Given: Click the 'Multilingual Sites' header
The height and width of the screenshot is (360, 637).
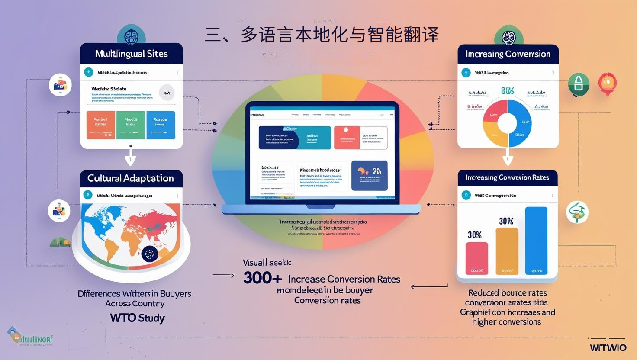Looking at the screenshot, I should click(x=131, y=54).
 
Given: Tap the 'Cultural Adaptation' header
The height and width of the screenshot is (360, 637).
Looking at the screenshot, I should click(x=131, y=178).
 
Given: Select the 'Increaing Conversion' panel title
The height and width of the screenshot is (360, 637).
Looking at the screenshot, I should click(x=508, y=54).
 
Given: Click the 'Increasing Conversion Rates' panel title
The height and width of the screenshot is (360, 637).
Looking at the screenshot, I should click(x=507, y=177).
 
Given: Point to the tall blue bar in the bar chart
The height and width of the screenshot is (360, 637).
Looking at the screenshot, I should click(x=536, y=240).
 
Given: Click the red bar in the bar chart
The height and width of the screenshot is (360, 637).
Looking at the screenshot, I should click(x=476, y=258).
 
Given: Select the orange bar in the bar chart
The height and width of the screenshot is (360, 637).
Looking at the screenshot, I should click(x=507, y=251).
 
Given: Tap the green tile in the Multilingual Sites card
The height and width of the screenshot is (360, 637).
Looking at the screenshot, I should click(x=131, y=125).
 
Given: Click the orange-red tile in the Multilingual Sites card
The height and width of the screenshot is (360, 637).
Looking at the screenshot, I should click(x=101, y=125).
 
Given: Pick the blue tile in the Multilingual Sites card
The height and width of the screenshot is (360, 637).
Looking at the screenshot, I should click(x=161, y=125).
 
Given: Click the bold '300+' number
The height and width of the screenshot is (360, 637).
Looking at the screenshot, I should click(x=263, y=278).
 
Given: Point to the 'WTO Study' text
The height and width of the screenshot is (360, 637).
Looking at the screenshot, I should click(x=137, y=318).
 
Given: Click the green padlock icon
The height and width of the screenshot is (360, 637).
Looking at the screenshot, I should click(x=579, y=84).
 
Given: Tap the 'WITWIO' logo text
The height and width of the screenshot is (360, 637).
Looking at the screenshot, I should click(x=608, y=348).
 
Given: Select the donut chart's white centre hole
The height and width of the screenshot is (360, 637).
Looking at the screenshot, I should click(x=507, y=122).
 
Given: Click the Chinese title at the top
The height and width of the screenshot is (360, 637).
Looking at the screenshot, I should click(x=322, y=35).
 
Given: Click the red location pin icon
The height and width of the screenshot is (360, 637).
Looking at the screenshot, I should click(x=607, y=83).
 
